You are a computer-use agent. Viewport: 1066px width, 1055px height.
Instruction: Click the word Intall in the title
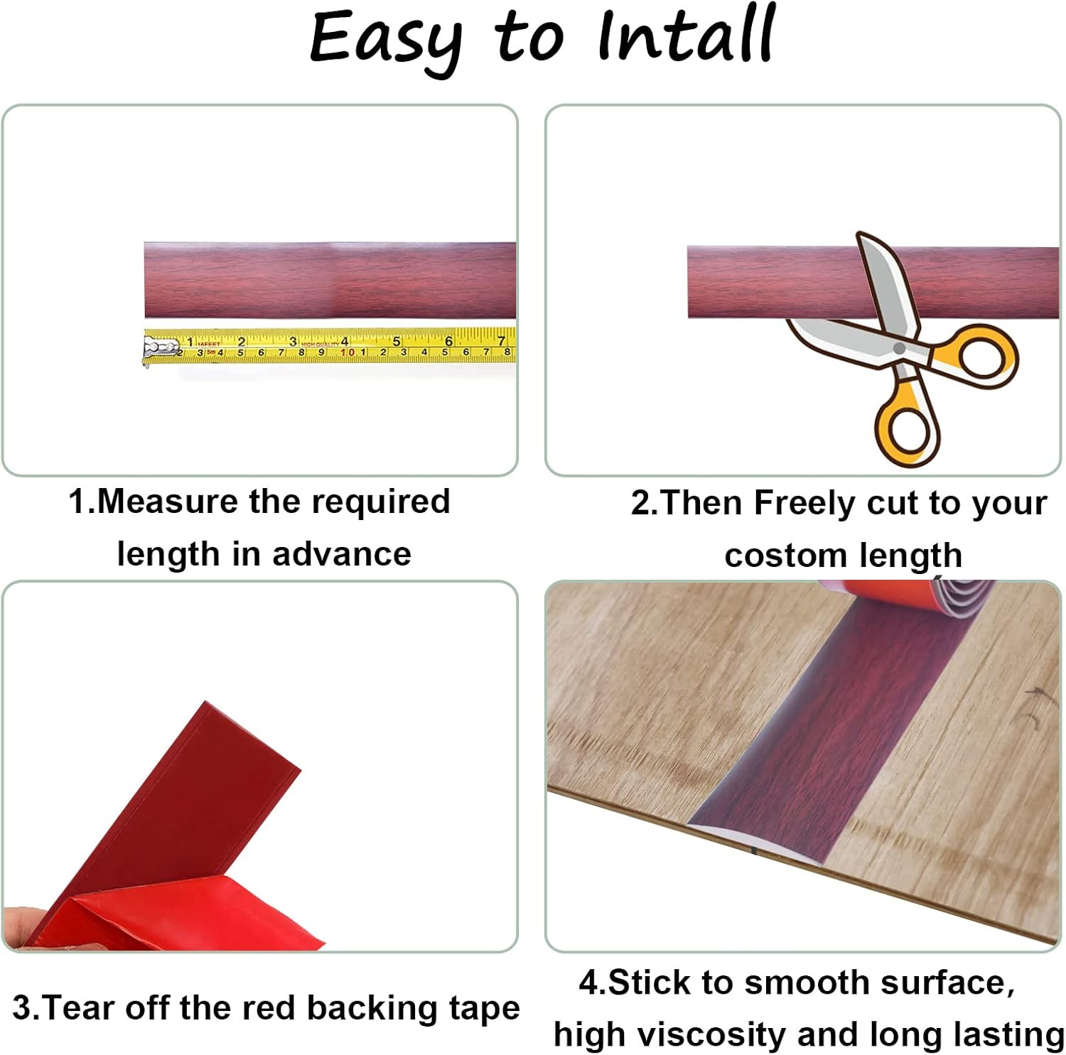685,36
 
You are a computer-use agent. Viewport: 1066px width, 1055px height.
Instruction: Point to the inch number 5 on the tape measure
397,342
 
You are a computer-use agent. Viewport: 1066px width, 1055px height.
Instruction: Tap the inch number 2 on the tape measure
241,342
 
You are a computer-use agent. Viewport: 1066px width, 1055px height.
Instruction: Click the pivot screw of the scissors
899,348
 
